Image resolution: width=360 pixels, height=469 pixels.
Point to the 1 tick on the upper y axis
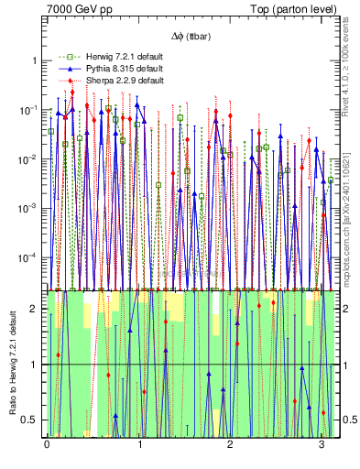coord(37,60)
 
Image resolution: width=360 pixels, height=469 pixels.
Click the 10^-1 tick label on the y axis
coord(32,109)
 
